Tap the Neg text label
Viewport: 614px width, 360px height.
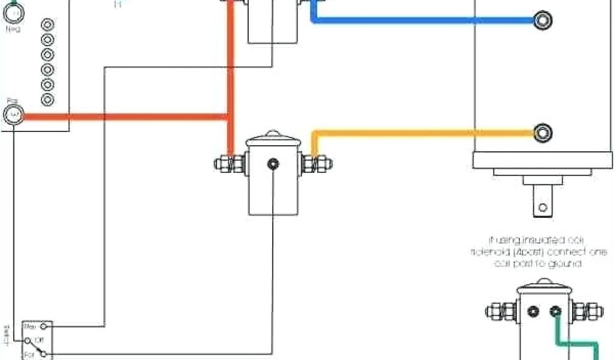coord(13,28)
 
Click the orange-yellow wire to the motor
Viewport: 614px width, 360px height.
coord(420,132)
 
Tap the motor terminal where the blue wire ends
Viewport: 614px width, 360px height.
coord(543,20)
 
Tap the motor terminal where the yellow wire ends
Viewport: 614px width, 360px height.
coord(543,131)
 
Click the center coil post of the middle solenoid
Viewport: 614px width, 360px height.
coord(273,163)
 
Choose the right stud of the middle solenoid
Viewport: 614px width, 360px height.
coord(317,163)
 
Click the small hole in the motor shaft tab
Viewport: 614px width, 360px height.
coord(542,208)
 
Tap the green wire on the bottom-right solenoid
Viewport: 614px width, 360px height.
coord(576,344)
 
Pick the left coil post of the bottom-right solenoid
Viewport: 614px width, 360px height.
coord(533,311)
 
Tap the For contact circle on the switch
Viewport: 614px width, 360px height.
coord(43,355)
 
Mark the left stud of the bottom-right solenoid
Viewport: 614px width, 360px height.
coord(499,311)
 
